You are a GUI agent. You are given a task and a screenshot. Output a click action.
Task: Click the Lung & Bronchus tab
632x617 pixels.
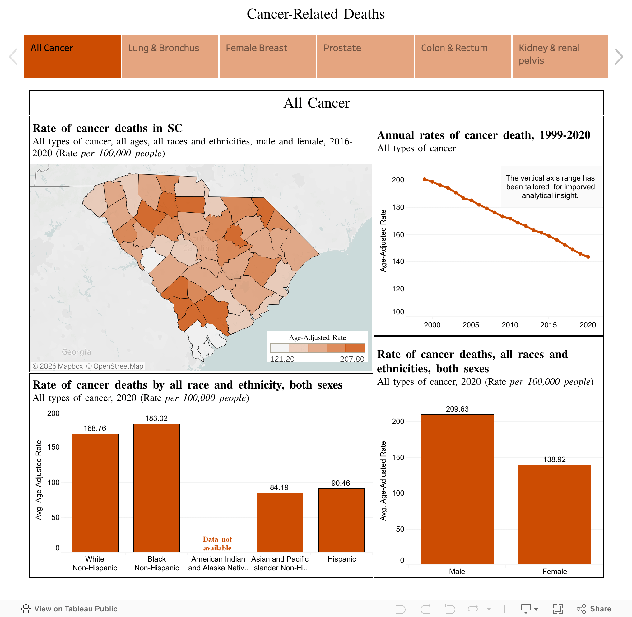(170, 56)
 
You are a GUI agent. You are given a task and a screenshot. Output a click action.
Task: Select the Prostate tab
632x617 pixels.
(365, 56)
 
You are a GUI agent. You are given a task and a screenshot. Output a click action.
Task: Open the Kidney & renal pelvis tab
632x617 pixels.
(560, 56)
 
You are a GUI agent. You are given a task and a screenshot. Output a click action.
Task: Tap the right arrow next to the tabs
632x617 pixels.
(618, 57)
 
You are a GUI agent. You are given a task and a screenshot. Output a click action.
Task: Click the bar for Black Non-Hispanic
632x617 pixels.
(156, 488)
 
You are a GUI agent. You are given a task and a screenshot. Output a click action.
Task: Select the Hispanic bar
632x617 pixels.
(341, 520)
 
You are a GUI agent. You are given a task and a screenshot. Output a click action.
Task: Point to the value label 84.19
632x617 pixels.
(279, 487)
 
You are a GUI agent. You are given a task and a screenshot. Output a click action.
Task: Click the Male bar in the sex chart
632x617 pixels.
(457, 489)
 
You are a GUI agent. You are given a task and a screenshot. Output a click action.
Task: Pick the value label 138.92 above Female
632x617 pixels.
(554, 459)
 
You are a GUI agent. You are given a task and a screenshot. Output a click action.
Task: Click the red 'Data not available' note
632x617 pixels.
(217, 544)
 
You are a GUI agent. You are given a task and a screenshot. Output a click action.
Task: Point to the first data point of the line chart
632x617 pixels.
(425, 179)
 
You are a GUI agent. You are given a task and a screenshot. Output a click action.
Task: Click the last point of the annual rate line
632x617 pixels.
(588, 257)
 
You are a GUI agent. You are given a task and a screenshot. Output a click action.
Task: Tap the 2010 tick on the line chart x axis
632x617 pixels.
(510, 325)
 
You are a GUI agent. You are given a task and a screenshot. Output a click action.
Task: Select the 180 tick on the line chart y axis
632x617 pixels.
(398, 207)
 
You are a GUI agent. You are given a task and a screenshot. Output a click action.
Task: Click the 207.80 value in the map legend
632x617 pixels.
(352, 359)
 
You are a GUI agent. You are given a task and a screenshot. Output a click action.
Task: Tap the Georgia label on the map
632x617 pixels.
(77, 352)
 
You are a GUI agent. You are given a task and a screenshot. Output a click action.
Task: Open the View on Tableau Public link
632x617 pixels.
(69, 609)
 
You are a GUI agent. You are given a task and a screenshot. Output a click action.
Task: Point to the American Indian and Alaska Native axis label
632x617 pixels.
(218, 563)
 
